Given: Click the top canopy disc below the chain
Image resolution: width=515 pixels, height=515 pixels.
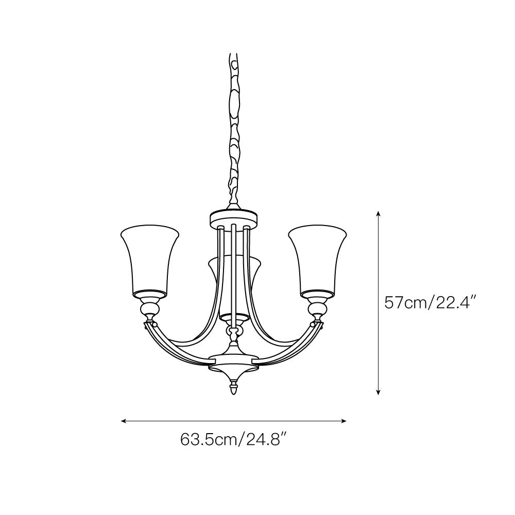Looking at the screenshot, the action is tap(233, 218).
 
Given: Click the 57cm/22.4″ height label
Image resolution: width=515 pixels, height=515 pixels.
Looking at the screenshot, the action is tap(430, 302).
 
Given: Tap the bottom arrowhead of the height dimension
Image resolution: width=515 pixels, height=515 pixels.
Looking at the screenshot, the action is tap(379, 392).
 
